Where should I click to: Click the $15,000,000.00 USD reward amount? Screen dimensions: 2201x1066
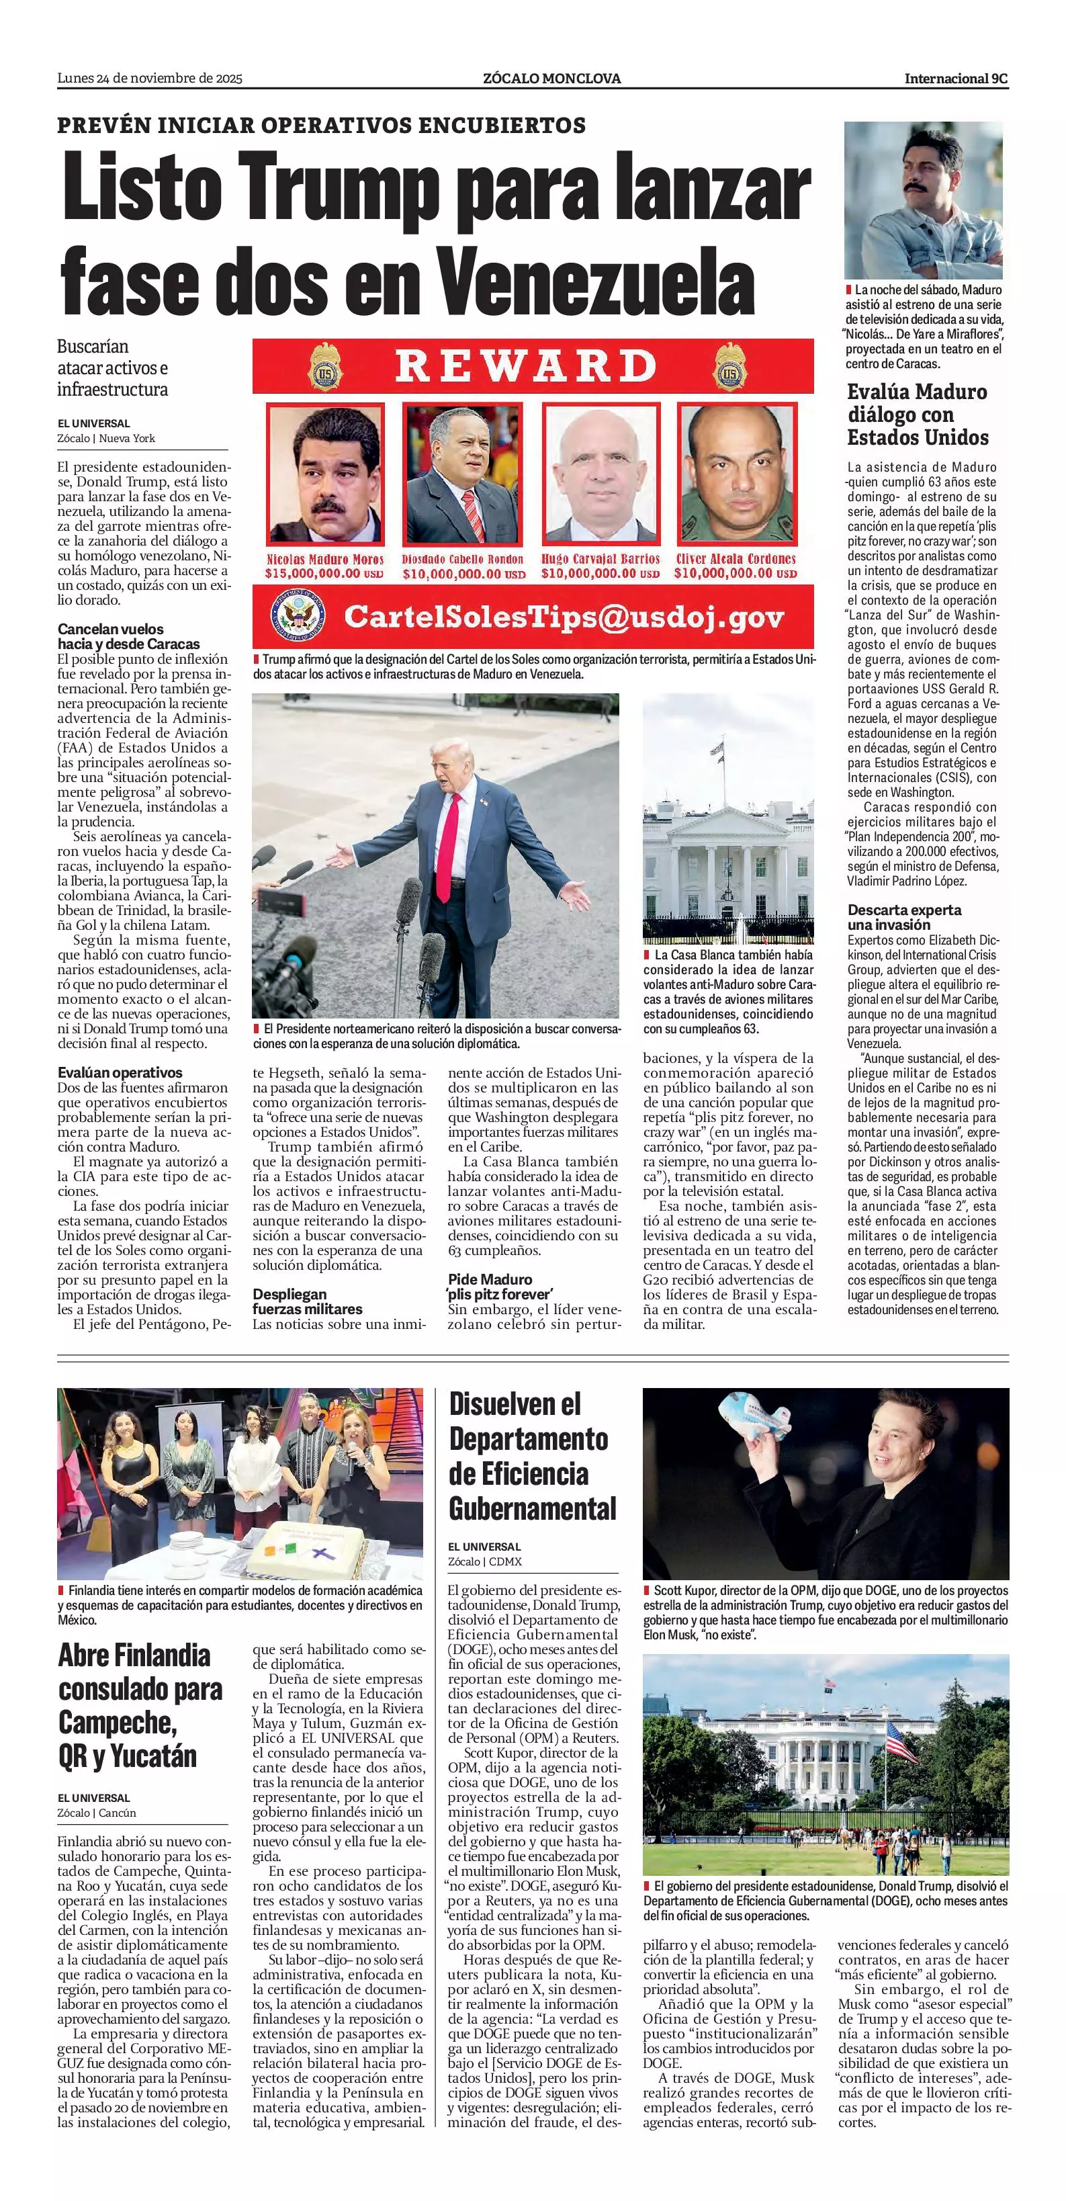coord(324,573)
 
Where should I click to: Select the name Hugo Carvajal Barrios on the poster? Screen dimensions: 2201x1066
coord(601,559)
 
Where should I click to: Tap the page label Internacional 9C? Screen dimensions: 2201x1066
coord(956,79)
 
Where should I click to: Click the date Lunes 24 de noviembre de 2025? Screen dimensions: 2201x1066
coord(150,79)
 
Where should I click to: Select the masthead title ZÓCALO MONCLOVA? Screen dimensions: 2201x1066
coord(551,79)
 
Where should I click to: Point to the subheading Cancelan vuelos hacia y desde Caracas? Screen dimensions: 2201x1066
coord(129,636)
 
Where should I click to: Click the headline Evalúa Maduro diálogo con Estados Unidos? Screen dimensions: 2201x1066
coord(918,415)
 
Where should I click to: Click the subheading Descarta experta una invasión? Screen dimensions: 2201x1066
coord(903,917)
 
